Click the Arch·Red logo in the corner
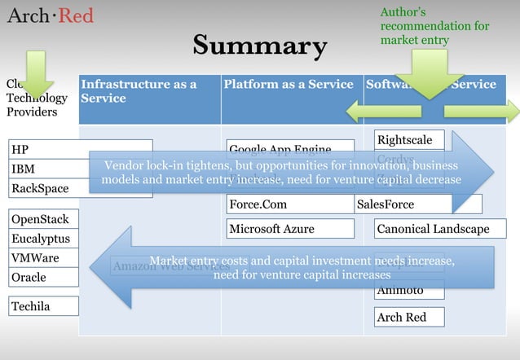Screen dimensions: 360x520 point(51,15)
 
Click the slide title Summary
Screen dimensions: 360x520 point(259,46)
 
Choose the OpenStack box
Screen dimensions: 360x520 point(43,219)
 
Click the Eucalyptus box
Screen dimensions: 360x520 point(43,239)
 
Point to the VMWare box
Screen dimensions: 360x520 point(43,258)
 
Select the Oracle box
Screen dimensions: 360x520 point(43,278)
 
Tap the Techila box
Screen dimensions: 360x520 point(43,306)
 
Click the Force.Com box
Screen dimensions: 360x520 point(290,204)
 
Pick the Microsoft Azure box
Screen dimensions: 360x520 point(290,229)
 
